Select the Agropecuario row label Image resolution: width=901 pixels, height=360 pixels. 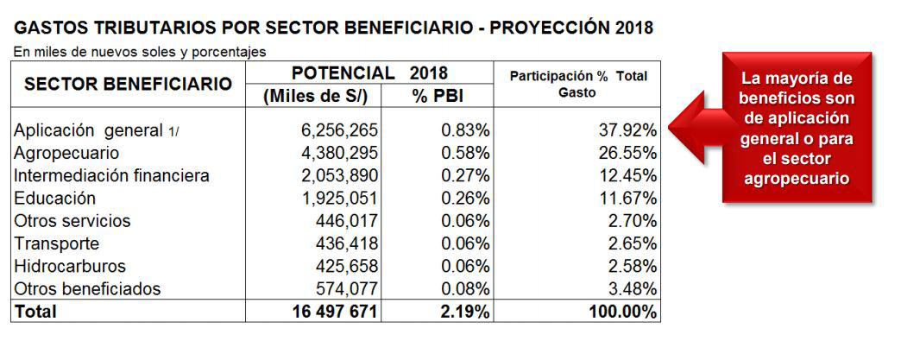point(66,153)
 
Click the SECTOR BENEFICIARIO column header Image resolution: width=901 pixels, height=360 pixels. point(128,85)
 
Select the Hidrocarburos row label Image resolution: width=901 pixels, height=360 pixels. point(70,265)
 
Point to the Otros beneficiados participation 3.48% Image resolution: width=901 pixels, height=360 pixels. point(633,288)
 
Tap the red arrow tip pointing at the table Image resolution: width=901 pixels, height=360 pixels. point(673,121)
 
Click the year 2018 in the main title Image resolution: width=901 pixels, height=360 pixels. point(621,28)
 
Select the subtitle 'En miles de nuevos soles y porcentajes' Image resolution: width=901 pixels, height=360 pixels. point(139,52)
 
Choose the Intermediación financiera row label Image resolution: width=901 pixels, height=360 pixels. point(111,175)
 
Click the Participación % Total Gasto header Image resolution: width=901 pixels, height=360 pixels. point(577,84)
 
